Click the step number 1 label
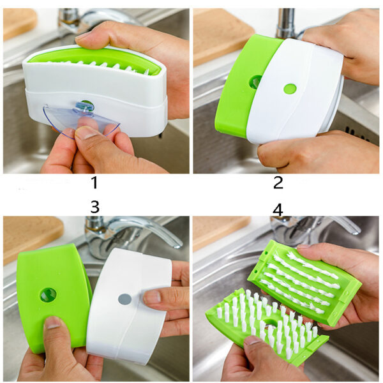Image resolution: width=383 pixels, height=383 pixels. [94, 183]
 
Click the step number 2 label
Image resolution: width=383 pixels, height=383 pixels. [278, 183]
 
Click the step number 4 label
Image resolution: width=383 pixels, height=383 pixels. [278, 209]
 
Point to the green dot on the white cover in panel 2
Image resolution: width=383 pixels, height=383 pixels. [290, 89]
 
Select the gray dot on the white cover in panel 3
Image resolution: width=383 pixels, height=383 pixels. [125, 299]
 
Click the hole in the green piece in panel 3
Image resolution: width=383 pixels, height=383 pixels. [48, 294]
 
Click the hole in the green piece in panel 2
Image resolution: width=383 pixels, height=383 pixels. [255, 82]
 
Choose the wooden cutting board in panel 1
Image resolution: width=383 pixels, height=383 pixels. [19, 22]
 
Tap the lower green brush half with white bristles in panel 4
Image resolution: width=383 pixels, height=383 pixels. [262, 326]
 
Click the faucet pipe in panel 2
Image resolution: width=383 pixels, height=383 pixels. [285, 22]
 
